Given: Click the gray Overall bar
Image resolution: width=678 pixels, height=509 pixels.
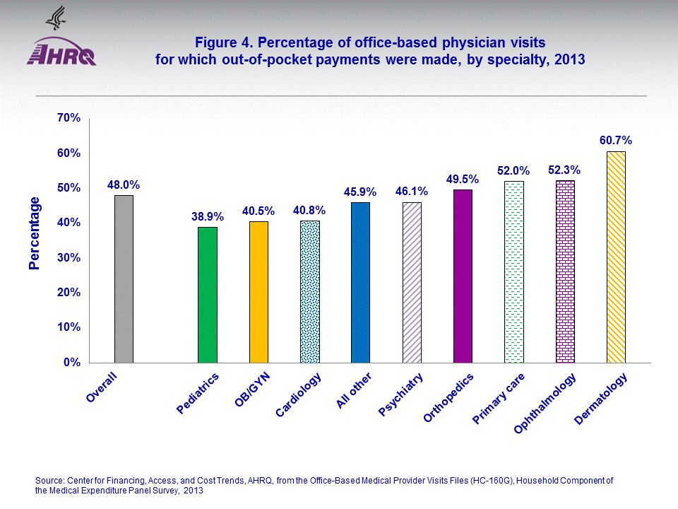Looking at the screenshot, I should [x=124, y=279].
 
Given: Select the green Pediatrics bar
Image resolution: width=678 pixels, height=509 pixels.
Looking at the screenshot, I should [x=207, y=295].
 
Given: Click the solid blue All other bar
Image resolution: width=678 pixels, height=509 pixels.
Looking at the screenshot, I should [x=361, y=282].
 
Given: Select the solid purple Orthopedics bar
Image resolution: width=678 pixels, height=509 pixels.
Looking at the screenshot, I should [x=463, y=276].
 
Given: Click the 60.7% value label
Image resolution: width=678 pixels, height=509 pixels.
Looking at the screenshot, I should [x=616, y=140].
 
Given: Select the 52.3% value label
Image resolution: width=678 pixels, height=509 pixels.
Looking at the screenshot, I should [x=564, y=170].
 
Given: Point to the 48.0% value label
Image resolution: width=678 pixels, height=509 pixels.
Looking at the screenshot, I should [x=124, y=185].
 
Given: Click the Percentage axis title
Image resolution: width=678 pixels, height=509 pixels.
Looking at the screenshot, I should [x=34, y=233].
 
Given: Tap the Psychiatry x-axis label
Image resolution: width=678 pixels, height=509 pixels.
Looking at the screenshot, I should [x=401, y=394].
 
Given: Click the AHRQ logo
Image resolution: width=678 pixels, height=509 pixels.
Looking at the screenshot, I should [x=62, y=51].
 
